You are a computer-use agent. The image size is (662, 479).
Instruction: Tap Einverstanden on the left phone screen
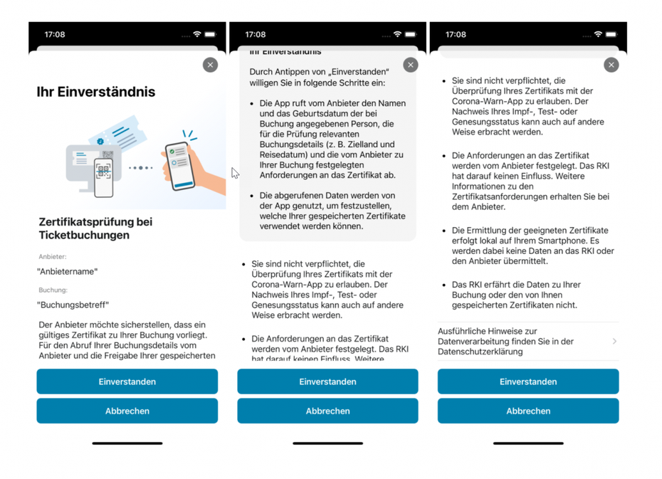pyautogui.click(x=127, y=381)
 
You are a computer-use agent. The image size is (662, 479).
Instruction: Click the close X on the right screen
pyautogui.click(x=611, y=65)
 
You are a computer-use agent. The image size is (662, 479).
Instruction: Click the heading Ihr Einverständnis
pyautogui.click(x=96, y=92)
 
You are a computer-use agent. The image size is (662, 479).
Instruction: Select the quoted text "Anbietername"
pyautogui.click(x=68, y=271)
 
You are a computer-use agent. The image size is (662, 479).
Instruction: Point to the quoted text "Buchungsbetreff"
pyautogui.click(x=73, y=305)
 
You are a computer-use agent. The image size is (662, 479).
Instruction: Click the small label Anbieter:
pyautogui.click(x=53, y=256)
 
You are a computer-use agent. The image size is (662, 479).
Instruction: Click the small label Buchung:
pyautogui.click(x=53, y=290)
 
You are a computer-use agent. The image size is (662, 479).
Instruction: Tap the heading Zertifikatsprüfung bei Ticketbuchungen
pyautogui.click(x=95, y=228)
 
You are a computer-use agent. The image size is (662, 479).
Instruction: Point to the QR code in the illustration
pyautogui.click(x=104, y=171)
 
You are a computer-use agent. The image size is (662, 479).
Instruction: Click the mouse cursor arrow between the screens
pyautogui.click(x=235, y=173)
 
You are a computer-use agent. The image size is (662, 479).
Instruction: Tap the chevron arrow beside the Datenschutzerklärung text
pyautogui.click(x=614, y=342)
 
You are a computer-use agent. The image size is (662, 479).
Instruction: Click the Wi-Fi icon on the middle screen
pyautogui.click(x=397, y=34)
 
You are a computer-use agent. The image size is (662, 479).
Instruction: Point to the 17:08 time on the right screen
pyautogui.click(x=456, y=34)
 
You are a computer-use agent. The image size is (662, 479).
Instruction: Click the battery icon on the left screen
pyautogui.click(x=210, y=34)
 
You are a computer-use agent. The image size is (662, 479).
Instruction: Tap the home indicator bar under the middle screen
pyautogui.click(x=327, y=443)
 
